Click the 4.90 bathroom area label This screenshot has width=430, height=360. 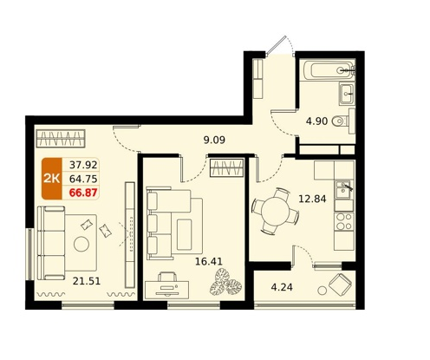click(x=316, y=121)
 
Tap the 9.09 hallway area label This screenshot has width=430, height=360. click(x=214, y=141)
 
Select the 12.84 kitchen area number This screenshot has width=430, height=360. click(x=312, y=199)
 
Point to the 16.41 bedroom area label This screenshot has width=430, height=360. click(x=209, y=262)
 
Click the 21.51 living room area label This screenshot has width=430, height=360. click(x=87, y=281)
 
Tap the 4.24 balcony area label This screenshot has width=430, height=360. click(x=282, y=287)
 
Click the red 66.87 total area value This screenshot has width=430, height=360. click(x=83, y=193)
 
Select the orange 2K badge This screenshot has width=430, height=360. click(x=52, y=179)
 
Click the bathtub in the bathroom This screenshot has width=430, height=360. click(x=329, y=69)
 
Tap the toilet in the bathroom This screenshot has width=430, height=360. click(x=342, y=121)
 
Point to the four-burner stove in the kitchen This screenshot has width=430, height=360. click(x=344, y=221)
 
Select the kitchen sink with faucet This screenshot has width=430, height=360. click(x=344, y=189)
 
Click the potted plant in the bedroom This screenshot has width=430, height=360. click(x=225, y=283)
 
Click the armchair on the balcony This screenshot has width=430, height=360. click(x=340, y=283)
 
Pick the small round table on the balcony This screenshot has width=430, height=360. click(x=322, y=291)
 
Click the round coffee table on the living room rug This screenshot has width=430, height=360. click(x=81, y=245)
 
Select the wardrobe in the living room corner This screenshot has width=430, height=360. click(x=61, y=138)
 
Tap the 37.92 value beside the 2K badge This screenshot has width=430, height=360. click(x=83, y=165)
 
